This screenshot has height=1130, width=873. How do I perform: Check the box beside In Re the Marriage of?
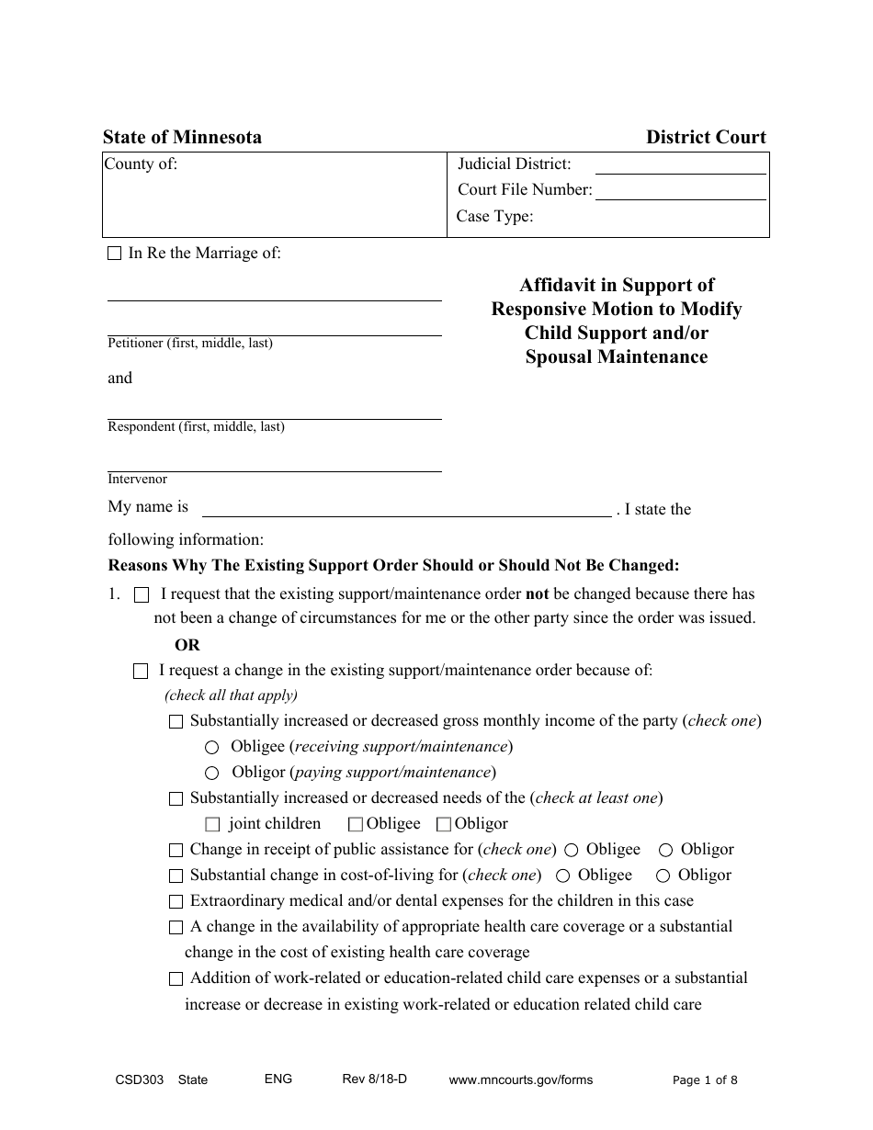point(115,254)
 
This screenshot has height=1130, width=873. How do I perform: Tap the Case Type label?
point(494,217)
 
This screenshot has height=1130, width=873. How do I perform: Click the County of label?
point(141,164)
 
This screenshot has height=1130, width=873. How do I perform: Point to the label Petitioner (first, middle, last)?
point(190,344)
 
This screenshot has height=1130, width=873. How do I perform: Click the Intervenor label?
point(138,480)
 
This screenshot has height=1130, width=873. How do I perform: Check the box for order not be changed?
point(142,595)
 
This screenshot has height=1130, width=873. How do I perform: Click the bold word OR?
point(187,645)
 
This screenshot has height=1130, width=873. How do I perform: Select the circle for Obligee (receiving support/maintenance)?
point(212,748)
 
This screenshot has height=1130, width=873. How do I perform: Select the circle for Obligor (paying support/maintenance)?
point(212,774)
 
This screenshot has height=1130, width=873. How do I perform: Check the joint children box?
point(213,825)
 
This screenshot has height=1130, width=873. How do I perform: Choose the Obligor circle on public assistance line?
point(665,851)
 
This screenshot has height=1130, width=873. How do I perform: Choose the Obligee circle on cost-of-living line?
point(563,876)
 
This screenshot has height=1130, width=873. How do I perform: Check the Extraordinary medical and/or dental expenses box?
point(176,902)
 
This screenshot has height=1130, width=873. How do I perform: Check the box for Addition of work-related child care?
point(176,979)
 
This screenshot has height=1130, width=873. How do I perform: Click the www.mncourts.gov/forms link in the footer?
point(520,1080)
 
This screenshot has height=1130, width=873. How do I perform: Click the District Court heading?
point(705,138)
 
